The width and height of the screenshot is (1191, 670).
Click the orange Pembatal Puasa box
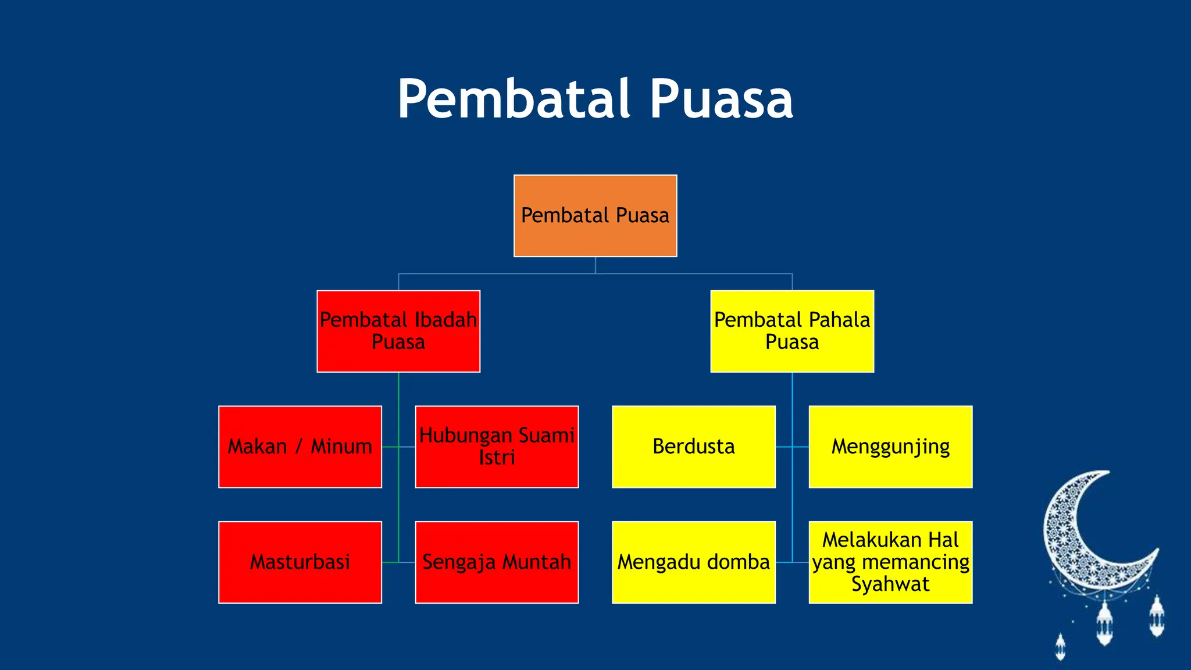(595, 216)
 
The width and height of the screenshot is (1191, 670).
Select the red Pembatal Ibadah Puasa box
(398, 331)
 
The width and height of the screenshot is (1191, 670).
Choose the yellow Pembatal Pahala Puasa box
(792, 331)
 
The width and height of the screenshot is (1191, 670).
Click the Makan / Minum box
(300, 447)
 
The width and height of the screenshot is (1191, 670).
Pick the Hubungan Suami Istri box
(497, 447)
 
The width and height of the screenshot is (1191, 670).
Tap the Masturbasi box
(300, 562)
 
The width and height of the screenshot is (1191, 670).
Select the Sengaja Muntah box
(497, 562)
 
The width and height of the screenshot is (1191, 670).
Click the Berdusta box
(694, 447)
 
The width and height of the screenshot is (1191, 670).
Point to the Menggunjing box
(890, 447)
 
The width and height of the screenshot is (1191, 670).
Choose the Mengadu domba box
(694, 562)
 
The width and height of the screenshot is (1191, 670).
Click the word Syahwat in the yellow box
(890, 584)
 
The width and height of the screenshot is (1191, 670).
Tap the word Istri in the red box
(497, 458)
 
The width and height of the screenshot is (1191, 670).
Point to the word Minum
(341, 447)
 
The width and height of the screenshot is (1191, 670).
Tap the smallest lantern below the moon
(1060, 647)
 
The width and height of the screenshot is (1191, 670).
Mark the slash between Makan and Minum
(299, 447)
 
